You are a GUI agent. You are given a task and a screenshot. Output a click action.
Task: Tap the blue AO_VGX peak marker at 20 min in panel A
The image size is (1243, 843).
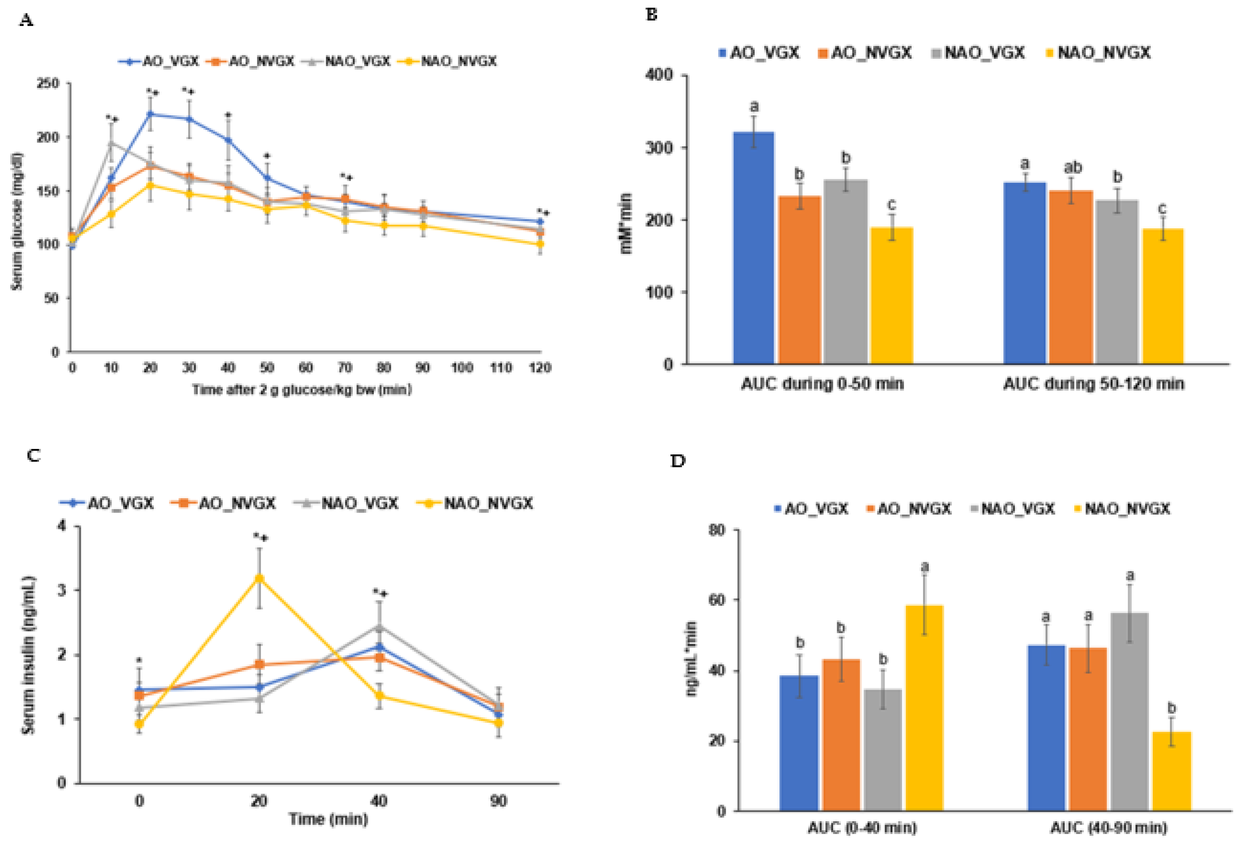pos(150,113)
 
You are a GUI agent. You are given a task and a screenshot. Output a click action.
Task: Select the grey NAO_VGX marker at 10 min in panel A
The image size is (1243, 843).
pos(111,143)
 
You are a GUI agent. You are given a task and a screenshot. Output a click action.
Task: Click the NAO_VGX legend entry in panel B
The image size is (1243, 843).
pos(978,53)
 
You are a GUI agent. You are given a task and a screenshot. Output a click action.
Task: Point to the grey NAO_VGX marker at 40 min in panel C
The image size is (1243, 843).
pos(379,627)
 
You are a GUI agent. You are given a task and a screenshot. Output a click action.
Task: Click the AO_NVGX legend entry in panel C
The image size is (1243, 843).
pos(225,503)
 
